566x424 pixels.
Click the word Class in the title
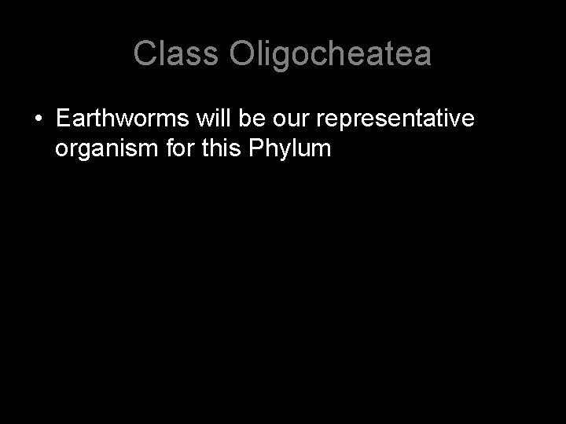coord(177,53)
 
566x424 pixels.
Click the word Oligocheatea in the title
coord(331,53)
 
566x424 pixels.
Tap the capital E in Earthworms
coord(64,119)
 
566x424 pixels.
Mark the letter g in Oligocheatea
coord(282,56)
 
